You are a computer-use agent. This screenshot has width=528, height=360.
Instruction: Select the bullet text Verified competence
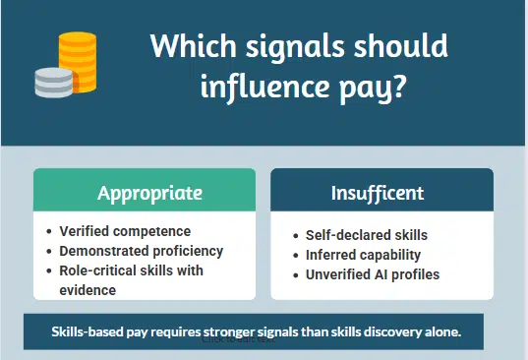(125, 231)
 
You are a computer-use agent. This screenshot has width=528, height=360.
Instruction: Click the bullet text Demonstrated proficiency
(142, 251)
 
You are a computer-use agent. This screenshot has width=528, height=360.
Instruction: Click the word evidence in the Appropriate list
(88, 289)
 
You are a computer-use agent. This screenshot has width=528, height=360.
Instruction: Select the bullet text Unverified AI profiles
(372, 274)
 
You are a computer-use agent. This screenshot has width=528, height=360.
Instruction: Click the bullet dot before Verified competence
(50, 232)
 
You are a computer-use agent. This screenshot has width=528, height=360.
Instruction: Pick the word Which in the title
(185, 45)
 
